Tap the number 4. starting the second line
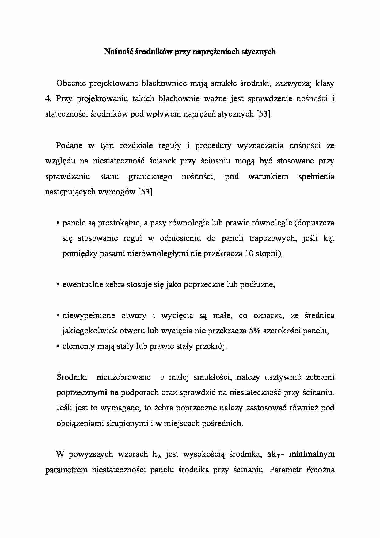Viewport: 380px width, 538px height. click(48, 99)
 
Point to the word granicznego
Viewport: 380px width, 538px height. click(150, 177)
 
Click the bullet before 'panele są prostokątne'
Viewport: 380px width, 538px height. click(58, 224)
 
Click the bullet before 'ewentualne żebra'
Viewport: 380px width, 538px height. click(58, 285)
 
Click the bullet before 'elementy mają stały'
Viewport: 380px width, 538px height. click(58, 347)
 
